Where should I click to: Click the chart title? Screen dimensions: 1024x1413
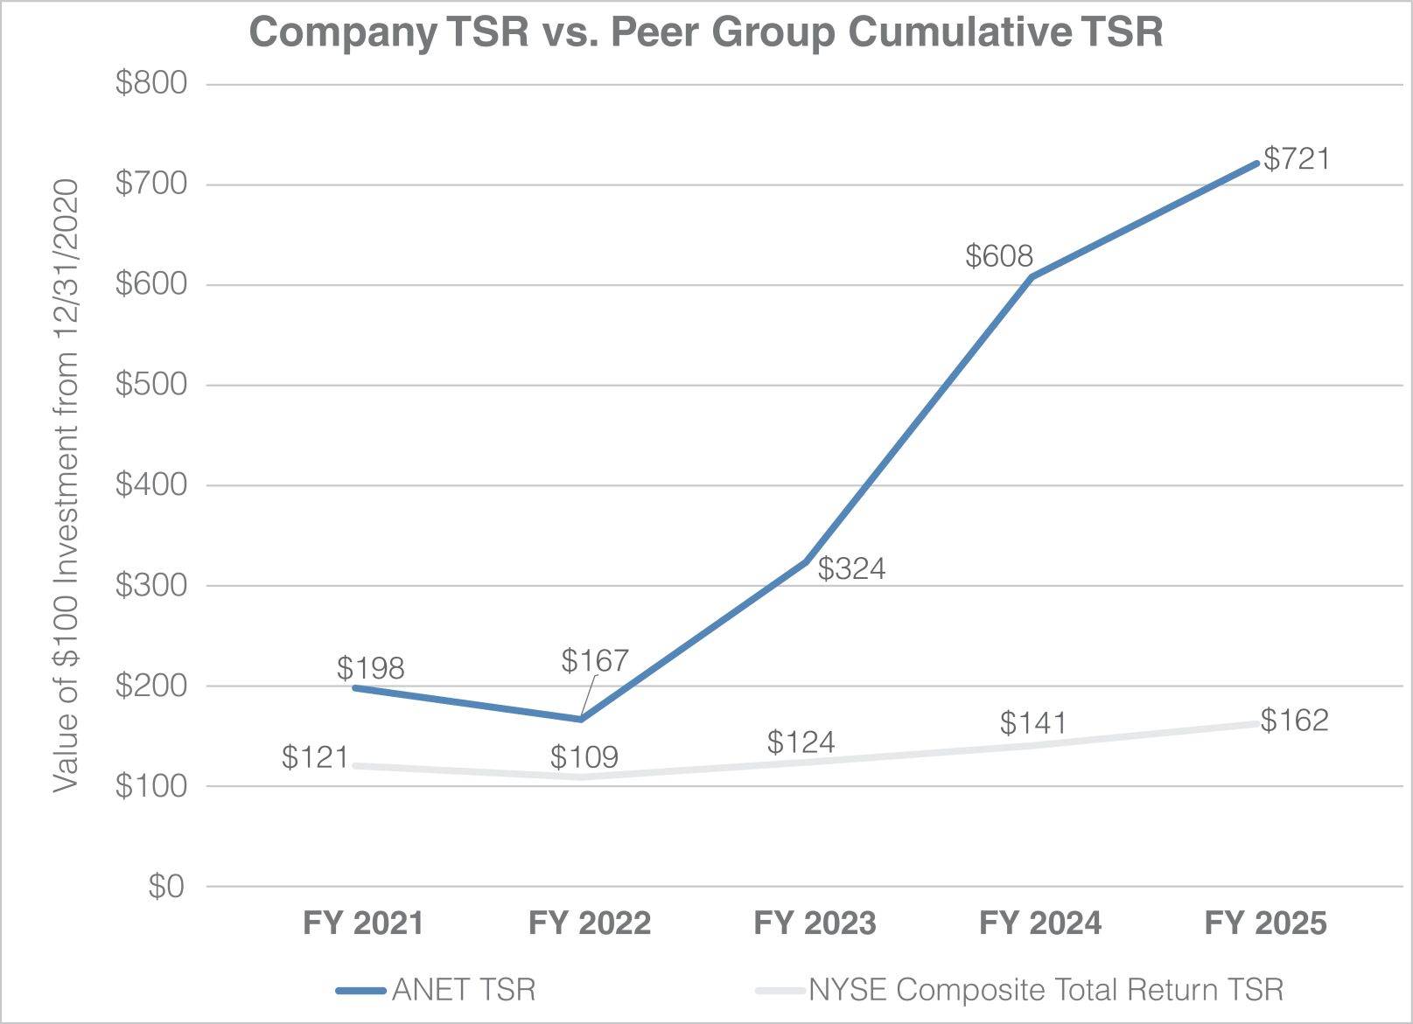(706, 33)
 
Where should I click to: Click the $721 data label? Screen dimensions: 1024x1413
(1297, 159)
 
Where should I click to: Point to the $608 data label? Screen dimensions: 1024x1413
(999, 256)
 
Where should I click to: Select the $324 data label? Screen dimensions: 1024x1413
(851, 569)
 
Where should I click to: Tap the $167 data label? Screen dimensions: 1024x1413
(595, 660)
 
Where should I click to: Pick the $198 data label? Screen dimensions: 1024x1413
(370, 669)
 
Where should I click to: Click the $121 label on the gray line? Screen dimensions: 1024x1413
(315, 757)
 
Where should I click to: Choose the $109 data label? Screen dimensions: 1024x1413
(584, 757)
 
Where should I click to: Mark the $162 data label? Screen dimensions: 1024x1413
(1295, 721)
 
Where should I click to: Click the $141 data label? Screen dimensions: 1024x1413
(1033, 723)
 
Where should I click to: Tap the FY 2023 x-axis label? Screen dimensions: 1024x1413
(815, 923)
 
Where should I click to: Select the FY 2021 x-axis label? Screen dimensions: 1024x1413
(363, 923)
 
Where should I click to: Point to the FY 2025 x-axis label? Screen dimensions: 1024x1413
(1265, 923)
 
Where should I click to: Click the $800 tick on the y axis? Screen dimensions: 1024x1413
(151, 83)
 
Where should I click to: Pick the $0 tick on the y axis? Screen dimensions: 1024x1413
(166, 887)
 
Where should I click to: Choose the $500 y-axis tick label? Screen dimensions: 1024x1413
(151, 385)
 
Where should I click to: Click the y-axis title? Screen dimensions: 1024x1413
(66, 485)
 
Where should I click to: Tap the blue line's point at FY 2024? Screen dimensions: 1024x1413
(1032, 277)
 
